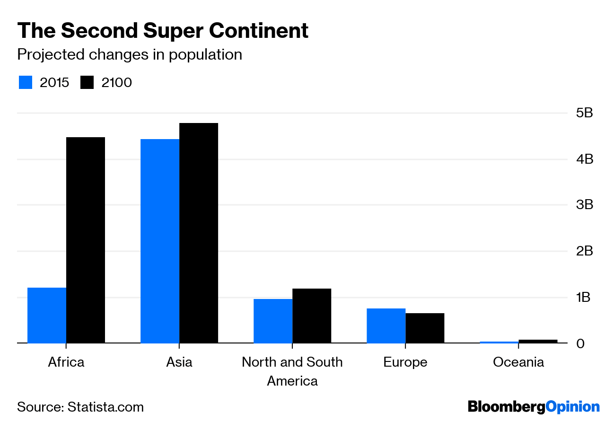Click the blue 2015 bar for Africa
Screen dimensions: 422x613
coord(47,315)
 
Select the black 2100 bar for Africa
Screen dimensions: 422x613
coord(86,240)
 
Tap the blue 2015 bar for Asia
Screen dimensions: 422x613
coord(160,241)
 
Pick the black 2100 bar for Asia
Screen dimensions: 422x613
coord(199,233)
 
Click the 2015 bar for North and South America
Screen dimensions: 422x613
coord(273,321)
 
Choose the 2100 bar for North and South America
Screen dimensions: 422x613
coord(312,316)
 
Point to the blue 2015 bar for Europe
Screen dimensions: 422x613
coord(386,325)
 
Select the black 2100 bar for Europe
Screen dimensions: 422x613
coord(425,328)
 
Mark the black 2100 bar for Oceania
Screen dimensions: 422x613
coord(538,341)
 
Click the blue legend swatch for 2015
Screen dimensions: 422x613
coord(26,82)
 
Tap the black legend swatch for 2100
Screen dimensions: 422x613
coord(87,82)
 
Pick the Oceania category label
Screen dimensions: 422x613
coord(518,362)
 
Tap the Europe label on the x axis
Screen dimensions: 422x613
coord(405,362)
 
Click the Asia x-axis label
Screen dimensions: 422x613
coord(179,362)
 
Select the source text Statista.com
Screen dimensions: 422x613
coord(105,407)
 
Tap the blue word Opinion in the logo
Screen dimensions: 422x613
coord(572,407)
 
